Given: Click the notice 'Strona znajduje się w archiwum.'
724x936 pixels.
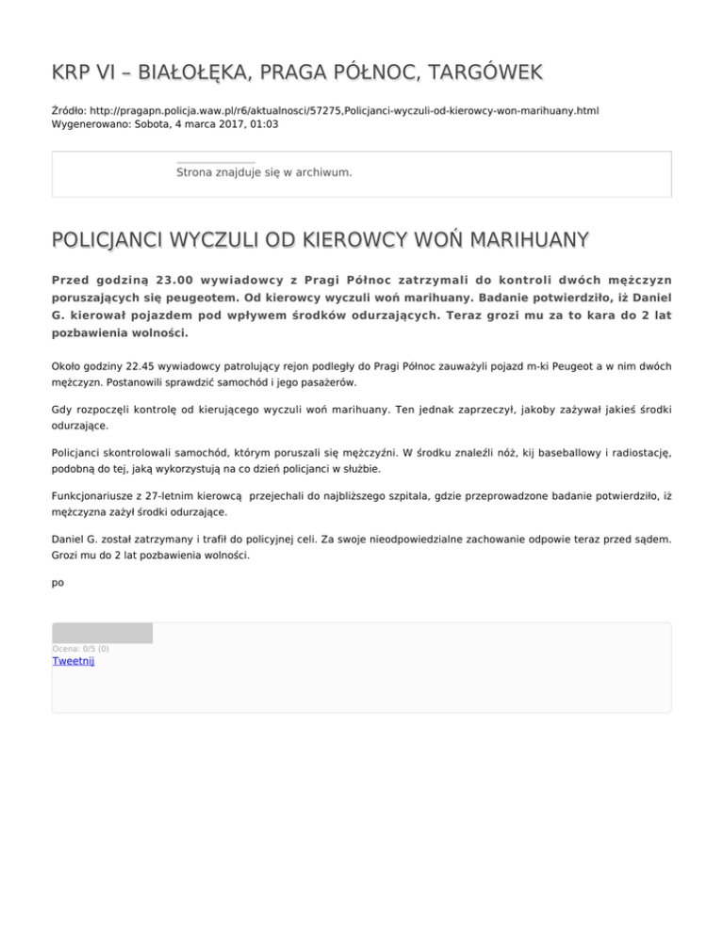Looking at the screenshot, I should coord(264,172).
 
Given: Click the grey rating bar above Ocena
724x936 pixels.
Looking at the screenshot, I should coord(102,633).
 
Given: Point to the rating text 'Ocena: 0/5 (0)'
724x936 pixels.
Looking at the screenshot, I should coord(80,648).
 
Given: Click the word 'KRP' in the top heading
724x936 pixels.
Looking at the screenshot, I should coord(73,71).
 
